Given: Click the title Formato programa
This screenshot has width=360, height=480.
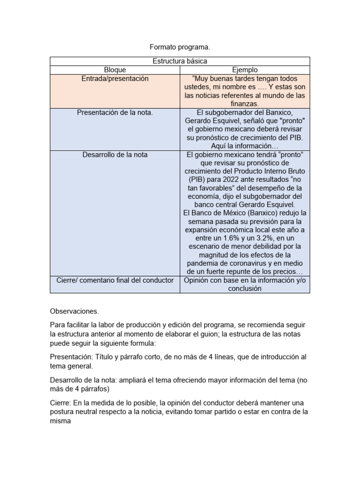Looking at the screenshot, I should click(x=180, y=47).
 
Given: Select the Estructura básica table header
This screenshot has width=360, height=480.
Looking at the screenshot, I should click(x=180, y=61).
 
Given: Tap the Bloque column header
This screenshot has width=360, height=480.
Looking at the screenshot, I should click(x=115, y=70).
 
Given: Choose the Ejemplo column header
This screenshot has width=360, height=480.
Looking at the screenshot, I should click(x=245, y=70).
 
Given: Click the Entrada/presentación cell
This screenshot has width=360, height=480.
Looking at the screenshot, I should click(x=115, y=79).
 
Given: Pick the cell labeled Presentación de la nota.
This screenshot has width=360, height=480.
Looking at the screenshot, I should click(x=115, y=112).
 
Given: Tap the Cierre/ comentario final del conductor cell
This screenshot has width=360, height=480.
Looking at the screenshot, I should click(x=115, y=280).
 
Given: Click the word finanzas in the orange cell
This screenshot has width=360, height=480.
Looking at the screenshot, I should click(x=245, y=104).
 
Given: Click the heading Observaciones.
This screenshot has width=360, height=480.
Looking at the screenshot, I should click(x=74, y=311).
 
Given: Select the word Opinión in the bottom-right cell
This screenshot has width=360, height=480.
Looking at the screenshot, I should click(x=197, y=280).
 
